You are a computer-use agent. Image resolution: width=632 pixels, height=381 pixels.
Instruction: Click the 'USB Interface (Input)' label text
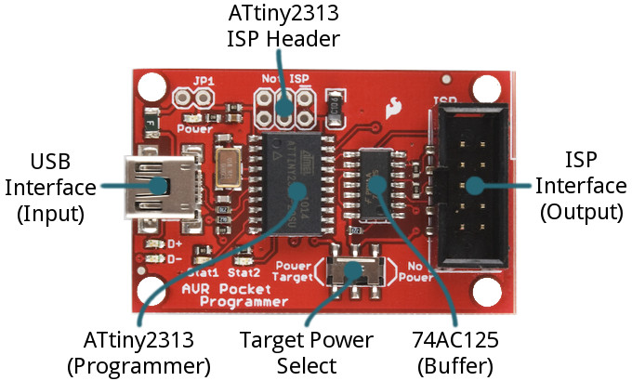(x=50, y=187)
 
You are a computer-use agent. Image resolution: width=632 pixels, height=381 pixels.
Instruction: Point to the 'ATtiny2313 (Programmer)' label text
(x=138, y=350)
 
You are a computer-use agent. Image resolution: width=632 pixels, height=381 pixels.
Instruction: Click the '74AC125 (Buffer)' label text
(x=454, y=350)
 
